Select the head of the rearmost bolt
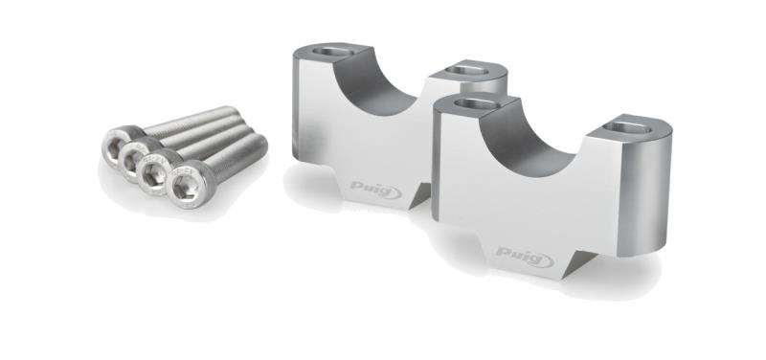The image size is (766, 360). (x=119, y=146)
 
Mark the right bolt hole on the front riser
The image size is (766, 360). (x=630, y=124)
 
